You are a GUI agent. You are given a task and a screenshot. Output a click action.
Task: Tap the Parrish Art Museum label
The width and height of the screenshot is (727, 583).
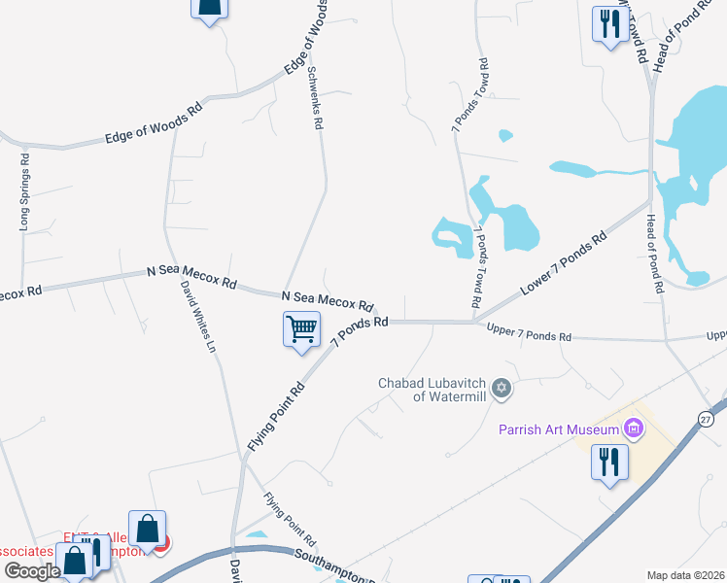pyautogui.click(x=558, y=429)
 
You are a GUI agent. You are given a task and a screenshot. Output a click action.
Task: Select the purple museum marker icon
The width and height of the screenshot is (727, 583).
pyautogui.click(x=634, y=428)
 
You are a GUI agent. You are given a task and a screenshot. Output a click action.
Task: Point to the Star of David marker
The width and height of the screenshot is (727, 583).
pyautogui.click(x=502, y=389)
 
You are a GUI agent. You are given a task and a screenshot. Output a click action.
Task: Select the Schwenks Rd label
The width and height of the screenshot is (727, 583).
pyautogui.click(x=314, y=98)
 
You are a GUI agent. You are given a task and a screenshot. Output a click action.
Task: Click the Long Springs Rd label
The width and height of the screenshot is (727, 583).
pyautogui.click(x=25, y=190)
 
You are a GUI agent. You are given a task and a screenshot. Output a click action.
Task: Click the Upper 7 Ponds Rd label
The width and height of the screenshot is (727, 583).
pyautogui.click(x=529, y=335)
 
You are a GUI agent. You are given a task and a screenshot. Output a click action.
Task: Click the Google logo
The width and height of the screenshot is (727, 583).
pyautogui.click(x=31, y=571)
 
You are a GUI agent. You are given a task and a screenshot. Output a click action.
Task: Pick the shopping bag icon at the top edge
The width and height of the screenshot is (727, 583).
pyautogui.click(x=208, y=7)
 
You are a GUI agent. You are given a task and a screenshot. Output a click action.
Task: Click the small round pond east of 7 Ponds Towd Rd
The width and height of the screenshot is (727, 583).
pyautogui.click(x=504, y=135)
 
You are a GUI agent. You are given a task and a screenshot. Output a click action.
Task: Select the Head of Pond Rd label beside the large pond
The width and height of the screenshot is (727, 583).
pyautogui.click(x=654, y=254)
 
